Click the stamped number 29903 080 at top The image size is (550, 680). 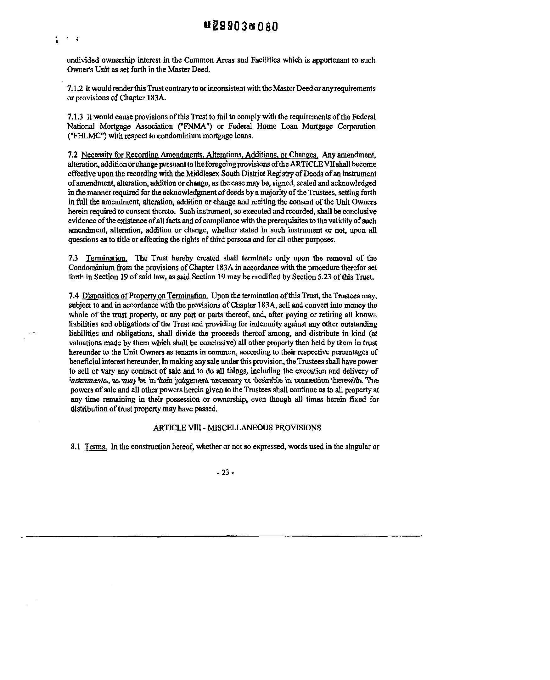(x=241, y=27)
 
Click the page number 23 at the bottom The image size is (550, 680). (x=225, y=472)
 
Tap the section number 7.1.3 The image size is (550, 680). (x=75, y=117)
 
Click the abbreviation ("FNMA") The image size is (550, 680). (x=195, y=126)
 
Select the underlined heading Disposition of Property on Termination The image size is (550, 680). (x=145, y=296)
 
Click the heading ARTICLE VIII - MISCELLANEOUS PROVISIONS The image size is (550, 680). (x=237, y=428)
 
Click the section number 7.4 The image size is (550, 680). (x=74, y=296)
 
